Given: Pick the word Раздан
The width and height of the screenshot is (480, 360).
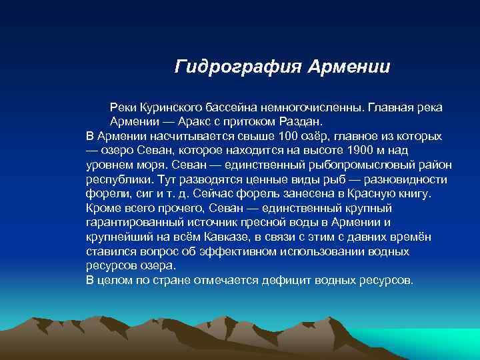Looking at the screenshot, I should coord(300,122).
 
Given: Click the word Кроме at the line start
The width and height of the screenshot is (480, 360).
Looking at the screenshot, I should coord(102,209).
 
